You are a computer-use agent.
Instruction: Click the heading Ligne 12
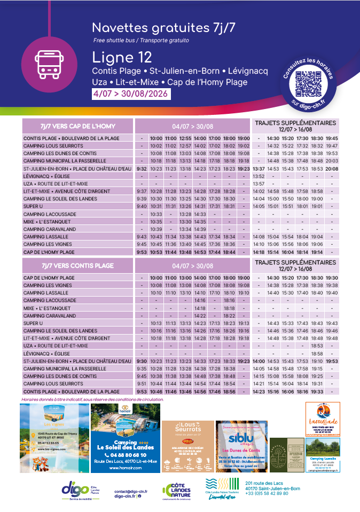122,57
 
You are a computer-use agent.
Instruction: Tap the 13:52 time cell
259,176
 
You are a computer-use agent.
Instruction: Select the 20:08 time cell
332,168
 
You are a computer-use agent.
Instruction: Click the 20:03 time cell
332,161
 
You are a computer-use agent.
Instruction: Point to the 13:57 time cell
259,183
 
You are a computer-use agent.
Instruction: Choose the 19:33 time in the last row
332,391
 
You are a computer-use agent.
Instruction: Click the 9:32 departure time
142,168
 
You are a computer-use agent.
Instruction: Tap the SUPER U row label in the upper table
33,206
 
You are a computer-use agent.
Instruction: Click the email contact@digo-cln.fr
131,491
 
